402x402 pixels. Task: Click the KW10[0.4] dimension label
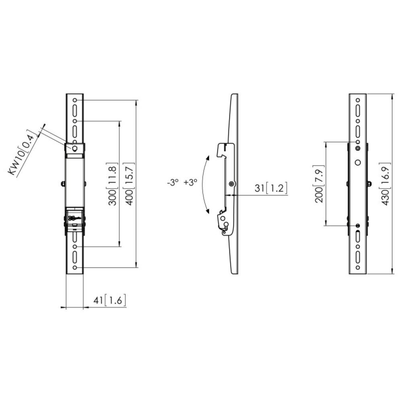[23, 152]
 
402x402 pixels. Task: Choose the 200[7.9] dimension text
[320, 183]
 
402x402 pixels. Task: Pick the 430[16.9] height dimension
[385, 183]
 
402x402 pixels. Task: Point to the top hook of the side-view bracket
[221, 149]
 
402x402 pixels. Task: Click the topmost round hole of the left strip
[75, 100]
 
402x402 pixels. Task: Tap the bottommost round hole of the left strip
[75, 268]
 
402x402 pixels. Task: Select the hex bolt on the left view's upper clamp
[75, 148]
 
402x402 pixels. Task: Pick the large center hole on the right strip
[358, 163]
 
